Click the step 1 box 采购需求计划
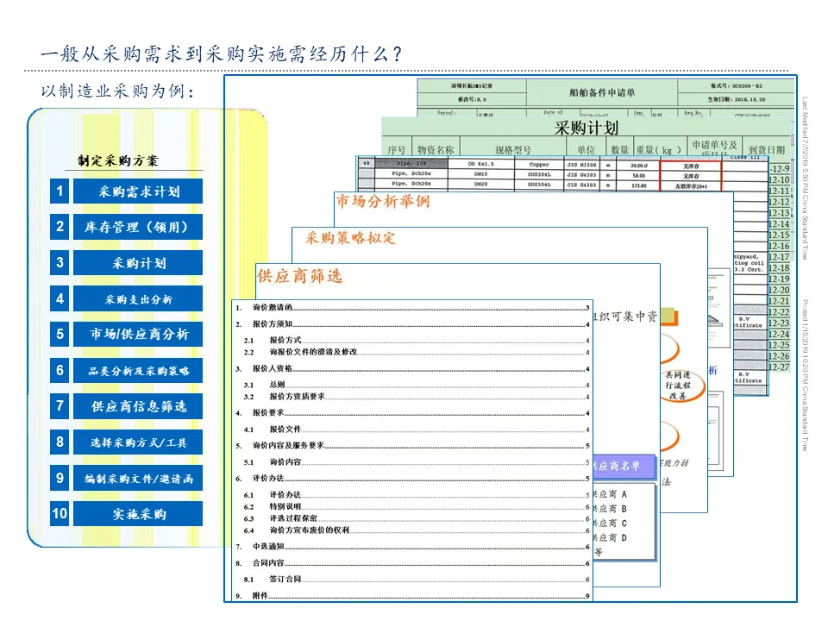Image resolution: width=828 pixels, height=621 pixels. click(138, 191)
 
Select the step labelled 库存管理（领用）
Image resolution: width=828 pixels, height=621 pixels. click(138, 228)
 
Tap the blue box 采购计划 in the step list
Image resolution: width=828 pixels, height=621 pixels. click(138, 263)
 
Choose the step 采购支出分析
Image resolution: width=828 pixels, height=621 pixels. click(138, 299)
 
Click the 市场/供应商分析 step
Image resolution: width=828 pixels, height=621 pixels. click(138, 335)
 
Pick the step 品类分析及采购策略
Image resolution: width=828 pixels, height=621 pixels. click(138, 371)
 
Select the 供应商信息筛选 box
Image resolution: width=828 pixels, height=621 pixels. click(138, 406)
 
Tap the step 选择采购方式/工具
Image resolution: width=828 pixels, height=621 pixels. click(138, 442)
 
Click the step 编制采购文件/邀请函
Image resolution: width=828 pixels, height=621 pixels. click(138, 479)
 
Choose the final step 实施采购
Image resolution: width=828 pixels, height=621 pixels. click(138, 514)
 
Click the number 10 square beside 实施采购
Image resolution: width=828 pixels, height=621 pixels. click(60, 514)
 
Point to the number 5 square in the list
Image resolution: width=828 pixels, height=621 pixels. click(60, 335)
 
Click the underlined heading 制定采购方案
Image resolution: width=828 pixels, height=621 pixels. click(118, 160)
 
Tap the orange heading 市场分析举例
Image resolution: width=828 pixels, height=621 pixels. click(382, 202)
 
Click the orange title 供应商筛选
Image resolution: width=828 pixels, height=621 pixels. click(300, 276)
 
